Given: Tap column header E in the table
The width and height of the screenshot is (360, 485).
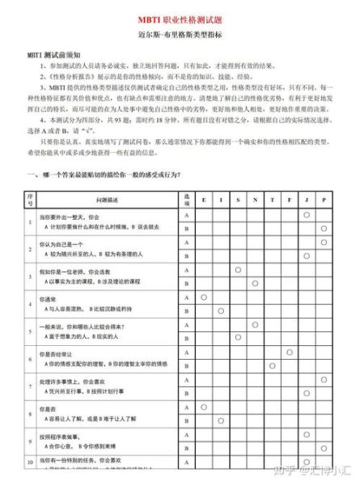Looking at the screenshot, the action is [203, 199].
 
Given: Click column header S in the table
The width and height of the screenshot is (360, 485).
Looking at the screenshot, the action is [238, 199].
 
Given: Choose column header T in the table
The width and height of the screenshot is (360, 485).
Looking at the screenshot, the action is [272, 199].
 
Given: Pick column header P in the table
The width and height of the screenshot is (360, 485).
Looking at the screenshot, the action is [324, 199].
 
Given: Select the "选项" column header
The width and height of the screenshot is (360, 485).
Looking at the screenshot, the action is [185, 199].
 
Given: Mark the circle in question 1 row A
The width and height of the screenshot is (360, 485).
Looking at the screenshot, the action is [307, 214].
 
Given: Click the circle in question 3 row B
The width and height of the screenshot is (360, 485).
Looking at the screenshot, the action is [255, 283].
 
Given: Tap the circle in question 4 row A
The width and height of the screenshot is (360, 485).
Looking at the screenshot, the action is [203, 297].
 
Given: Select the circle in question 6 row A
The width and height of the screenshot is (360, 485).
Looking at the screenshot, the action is [289, 352].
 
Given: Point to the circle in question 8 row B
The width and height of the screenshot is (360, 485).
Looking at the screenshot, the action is [220, 420].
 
